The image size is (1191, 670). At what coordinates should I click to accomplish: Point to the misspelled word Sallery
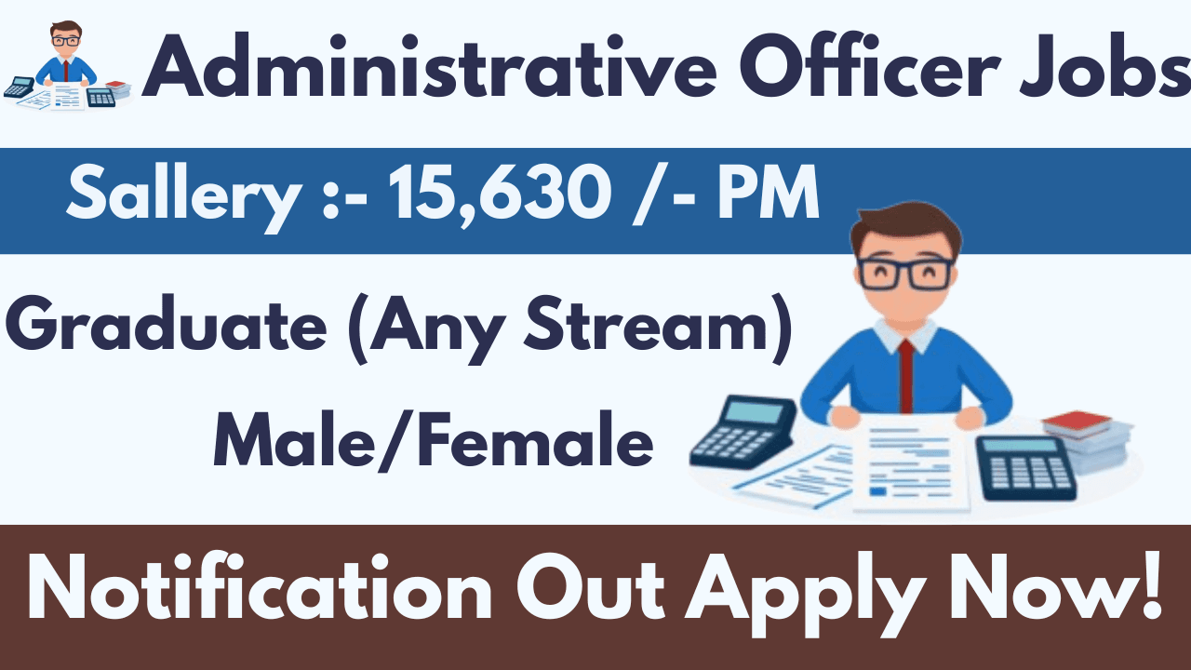(181, 196)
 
